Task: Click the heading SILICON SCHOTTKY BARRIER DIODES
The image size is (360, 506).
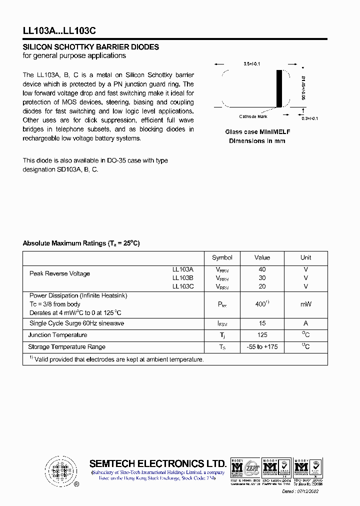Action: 91,47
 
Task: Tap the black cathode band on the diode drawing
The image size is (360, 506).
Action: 279,88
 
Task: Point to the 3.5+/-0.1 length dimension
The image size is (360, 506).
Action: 252,64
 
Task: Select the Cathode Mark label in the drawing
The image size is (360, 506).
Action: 253,116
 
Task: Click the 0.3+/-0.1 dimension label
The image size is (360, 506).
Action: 309,118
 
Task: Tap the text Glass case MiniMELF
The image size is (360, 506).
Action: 257,132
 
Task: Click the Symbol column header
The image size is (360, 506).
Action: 222,257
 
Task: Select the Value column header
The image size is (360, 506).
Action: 262,257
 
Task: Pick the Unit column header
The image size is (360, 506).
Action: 305,257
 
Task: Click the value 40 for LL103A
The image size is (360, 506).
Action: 262,269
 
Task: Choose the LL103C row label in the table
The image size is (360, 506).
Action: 182,286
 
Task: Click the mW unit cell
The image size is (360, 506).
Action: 305,304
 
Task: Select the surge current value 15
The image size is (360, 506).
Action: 262,323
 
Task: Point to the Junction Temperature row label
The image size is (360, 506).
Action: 58,335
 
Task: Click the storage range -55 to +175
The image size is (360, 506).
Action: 262,346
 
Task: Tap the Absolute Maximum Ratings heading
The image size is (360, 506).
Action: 81,243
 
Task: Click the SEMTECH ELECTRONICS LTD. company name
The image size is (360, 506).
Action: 157,463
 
